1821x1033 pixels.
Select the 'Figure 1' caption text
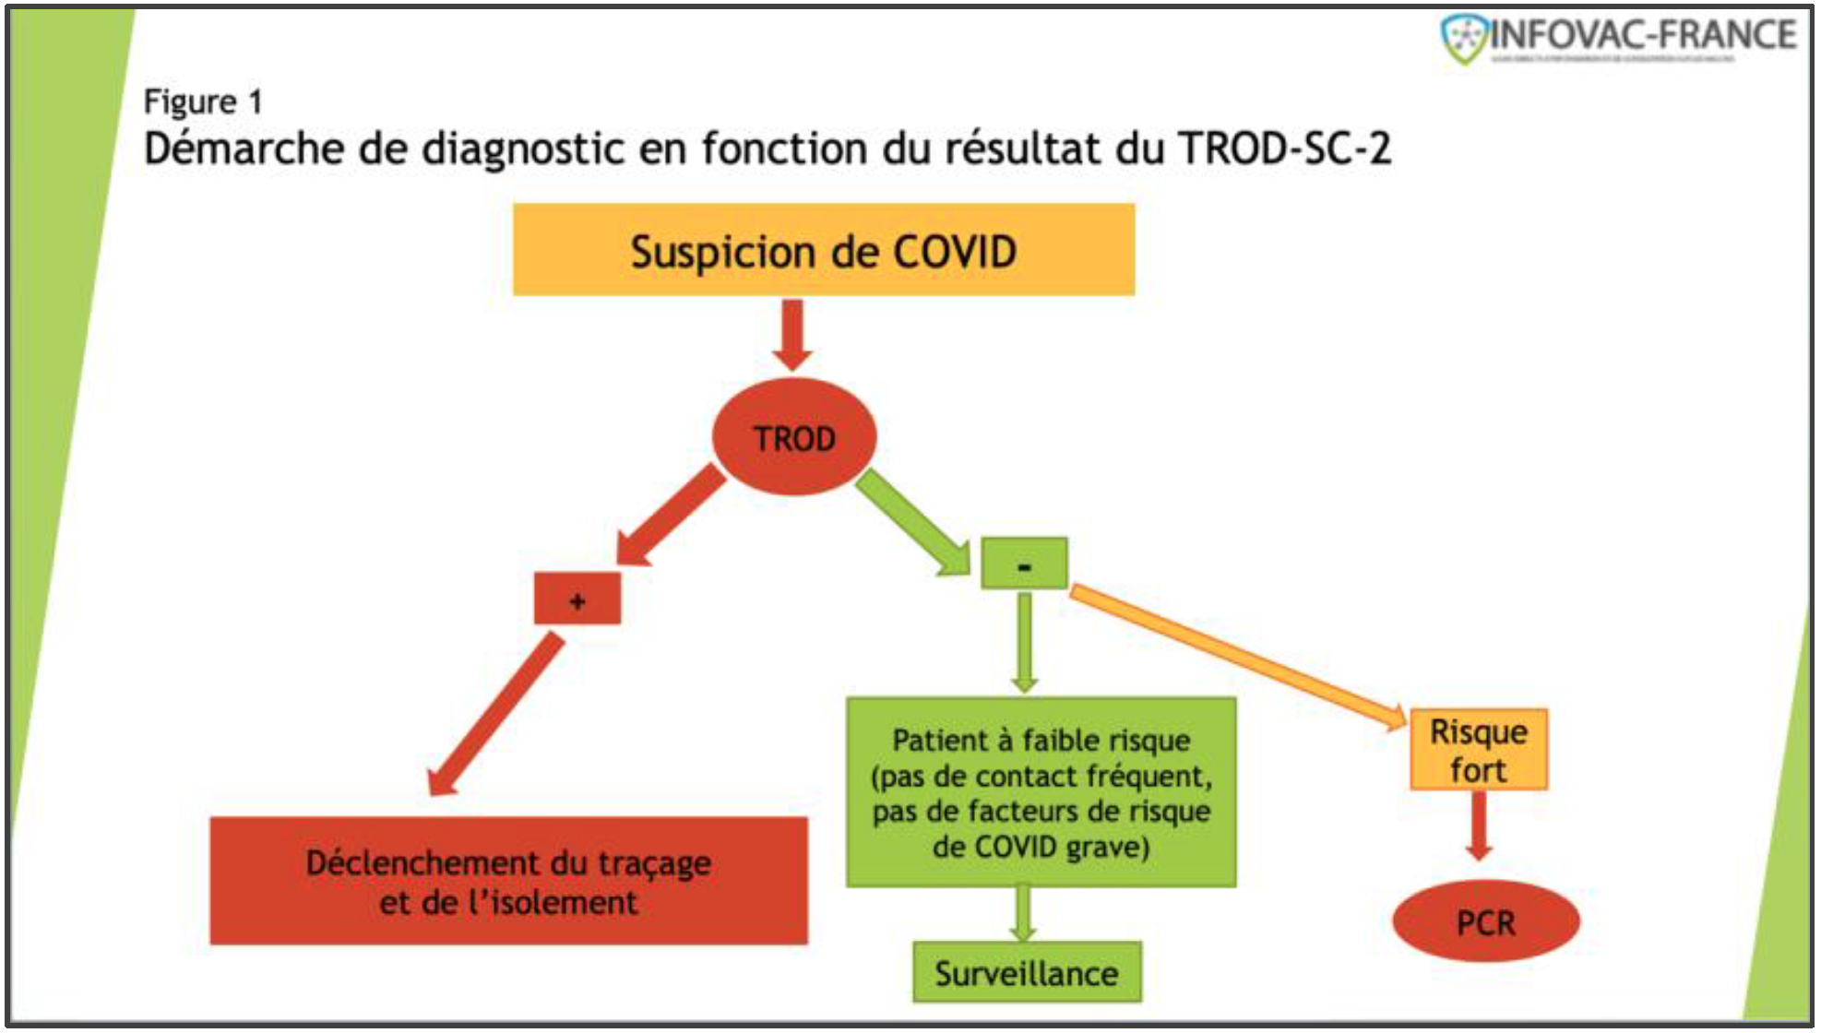(x=203, y=101)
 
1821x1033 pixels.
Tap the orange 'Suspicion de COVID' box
(x=824, y=250)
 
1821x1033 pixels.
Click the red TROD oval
(x=793, y=437)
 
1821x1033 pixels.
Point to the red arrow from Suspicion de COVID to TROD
(x=792, y=334)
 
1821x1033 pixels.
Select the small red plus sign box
(x=577, y=600)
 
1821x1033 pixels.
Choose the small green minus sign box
(x=1024, y=564)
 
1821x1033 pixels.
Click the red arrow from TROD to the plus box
(x=672, y=514)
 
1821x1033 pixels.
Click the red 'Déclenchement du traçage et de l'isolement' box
(x=508, y=881)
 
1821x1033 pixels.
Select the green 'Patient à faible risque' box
(x=1041, y=792)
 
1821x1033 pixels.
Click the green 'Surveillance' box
(x=1027, y=972)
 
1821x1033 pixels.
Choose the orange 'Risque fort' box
(x=1479, y=750)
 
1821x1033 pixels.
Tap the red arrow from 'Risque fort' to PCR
(x=1479, y=825)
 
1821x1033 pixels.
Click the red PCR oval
(x=1485, y=921)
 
